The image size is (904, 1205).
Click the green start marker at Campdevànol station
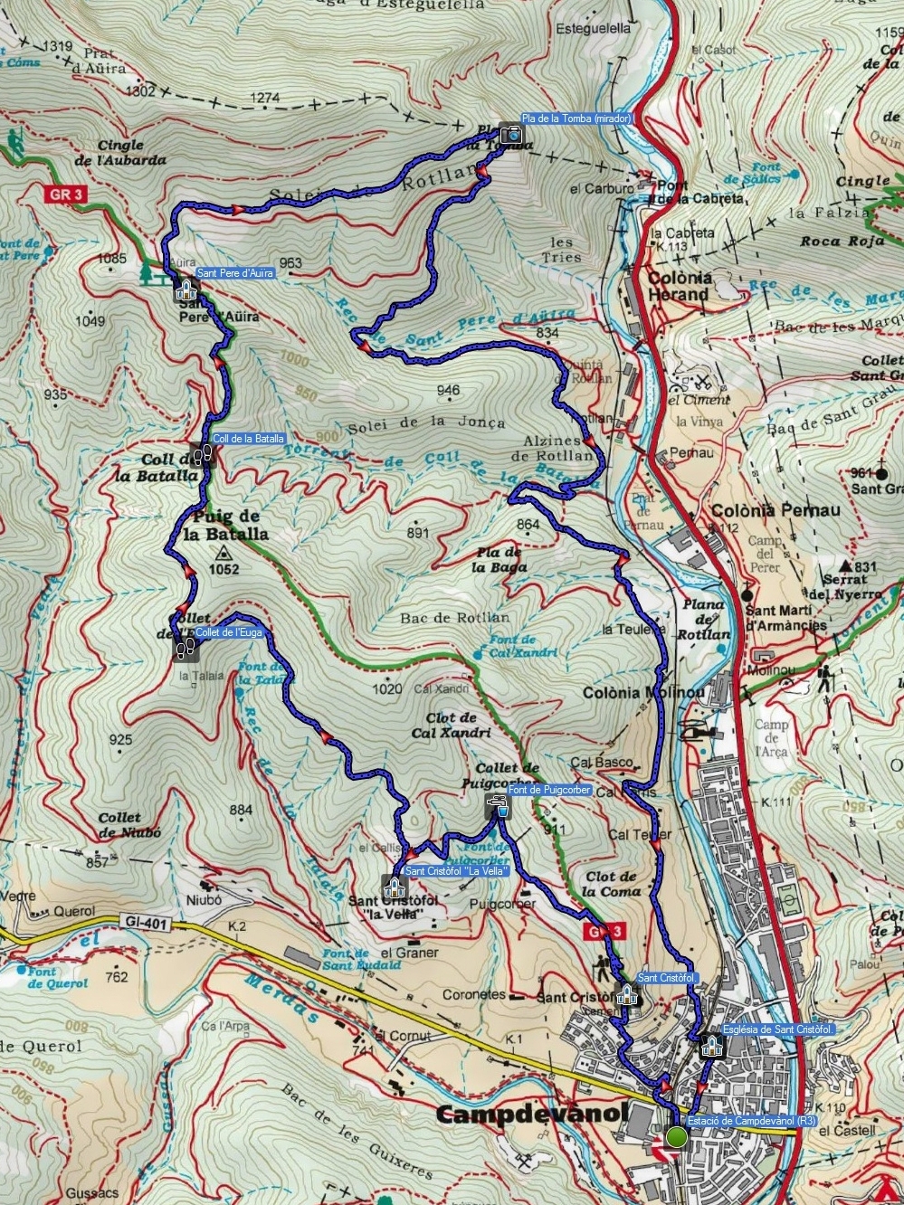click(x=676, y=1136)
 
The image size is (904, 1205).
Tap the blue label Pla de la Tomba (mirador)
click(x=576, y=119)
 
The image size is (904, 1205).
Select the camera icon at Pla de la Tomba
click(x=513, y=134)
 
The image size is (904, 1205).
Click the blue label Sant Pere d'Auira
click(x=235, y=272)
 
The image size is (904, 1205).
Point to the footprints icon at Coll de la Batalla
click(x=204, y=452)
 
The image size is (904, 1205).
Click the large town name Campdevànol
click(x=531, y=1114)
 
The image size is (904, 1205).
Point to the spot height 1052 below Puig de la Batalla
click(x=224, y=569)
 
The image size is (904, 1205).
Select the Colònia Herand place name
click(x=679, y=286)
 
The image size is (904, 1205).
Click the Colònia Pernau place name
click(x=776, y=510)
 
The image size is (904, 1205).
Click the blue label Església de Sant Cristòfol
click(x=778, y=1029)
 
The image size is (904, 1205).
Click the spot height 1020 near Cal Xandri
click(x=386, y=689)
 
